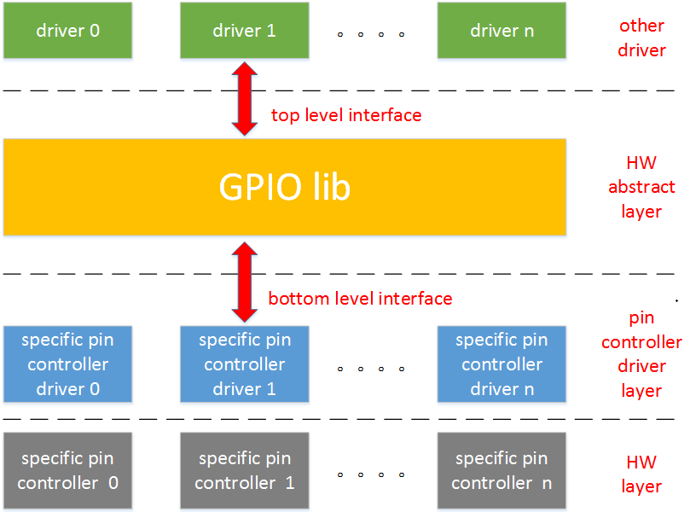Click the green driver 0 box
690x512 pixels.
click(67, 31)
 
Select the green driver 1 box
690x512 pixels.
click(244, 31)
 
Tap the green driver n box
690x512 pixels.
click(502, 31)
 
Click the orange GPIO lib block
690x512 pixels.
click(284, 187)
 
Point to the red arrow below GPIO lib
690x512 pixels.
click(245, 282)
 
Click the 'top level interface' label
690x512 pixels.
click(346, 115)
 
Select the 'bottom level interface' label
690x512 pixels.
click(360, 299)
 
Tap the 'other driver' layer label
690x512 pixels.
click(641, 38)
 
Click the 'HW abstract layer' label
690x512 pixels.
click(641, 187)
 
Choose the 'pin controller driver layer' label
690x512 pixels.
click(641, 354)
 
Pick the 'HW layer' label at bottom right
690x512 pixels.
click(641, 474)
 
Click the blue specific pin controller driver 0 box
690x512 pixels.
click(67, 364)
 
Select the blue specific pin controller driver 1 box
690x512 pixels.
click(244, 364)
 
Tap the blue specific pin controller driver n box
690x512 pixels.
click(502, 364)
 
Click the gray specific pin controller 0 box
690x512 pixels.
click(67, 471)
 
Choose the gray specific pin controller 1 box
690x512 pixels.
click(244, 471)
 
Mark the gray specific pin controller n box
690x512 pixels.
click(502, 471)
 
